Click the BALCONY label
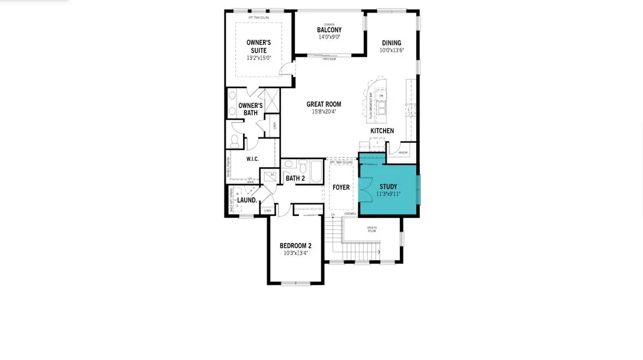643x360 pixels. point(329,30)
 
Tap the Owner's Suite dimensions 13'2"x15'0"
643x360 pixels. point(259,58)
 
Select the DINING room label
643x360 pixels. point(391,43)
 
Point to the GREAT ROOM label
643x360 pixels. point(324,104)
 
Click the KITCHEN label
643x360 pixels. point(382,131)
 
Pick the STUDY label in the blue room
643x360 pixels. point(388,187)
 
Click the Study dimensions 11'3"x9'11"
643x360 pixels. point(388,194)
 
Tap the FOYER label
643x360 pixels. point(341,188)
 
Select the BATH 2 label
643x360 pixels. point(295,178)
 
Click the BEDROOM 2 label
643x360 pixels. point(295,246)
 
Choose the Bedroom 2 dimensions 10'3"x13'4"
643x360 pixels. point(295,253)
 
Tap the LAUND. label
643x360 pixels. point(247,200)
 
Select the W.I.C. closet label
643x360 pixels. point(252,159)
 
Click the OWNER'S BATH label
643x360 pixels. point(250,109)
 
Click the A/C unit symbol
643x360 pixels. point(272,175)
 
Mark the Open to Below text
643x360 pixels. point(372,229)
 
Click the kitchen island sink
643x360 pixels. point(382,107)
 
